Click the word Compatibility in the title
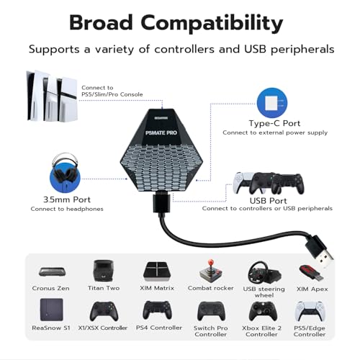212,24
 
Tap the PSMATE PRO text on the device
161,132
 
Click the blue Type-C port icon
272,103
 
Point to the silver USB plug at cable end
325,259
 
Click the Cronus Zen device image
51,271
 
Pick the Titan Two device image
103,271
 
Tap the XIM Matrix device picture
157,271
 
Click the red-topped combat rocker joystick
211,271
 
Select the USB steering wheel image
264,273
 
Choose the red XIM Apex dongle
311,273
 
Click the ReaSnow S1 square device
52,310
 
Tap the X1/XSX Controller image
104,311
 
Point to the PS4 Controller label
159,328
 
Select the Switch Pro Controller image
211,311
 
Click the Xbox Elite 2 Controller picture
263,311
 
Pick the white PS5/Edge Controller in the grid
310,311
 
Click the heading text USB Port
268,201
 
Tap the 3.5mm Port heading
67,199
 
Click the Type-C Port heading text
274,123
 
